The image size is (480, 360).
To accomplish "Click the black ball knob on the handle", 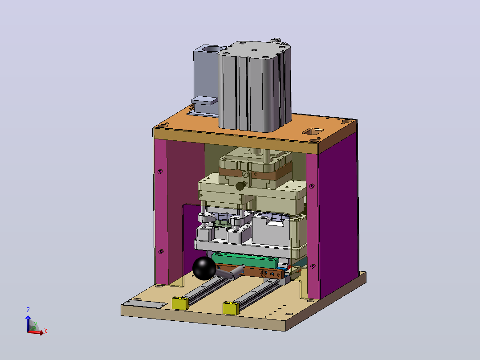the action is (x=204, y=268).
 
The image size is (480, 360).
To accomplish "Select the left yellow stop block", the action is (x=180, y=303).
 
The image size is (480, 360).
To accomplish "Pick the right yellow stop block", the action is (x=231, y=308).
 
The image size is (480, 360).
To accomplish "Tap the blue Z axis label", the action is (x=28, y=311).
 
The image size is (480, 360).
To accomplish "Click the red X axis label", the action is (x=45, y=331).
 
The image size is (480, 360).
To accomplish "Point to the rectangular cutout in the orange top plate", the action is (x=313, y=131).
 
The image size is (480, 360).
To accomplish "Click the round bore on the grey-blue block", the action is (x=213, y=49).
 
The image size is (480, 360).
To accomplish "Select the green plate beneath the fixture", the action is (x=245, y=260).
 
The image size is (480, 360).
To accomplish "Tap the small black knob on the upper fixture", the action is (x=240, y=186).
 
